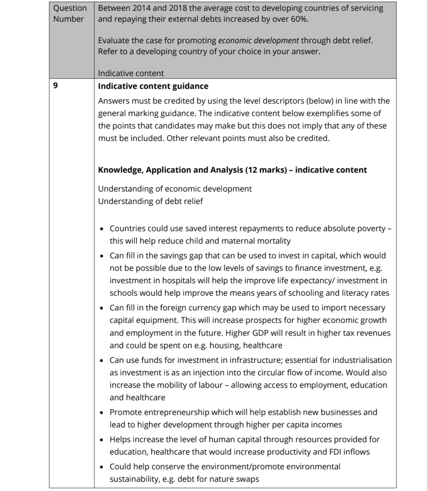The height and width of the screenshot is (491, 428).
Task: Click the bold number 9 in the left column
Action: (56, 86)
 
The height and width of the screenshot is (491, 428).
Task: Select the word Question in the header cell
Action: (70, 8)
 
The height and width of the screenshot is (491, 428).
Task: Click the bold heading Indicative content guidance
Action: (153, 86)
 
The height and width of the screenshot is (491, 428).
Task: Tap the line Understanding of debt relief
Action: (150, 201)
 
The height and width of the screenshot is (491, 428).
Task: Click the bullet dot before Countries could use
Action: (102, 229)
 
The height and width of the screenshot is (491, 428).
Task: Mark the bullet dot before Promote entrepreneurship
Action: (102, 412)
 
